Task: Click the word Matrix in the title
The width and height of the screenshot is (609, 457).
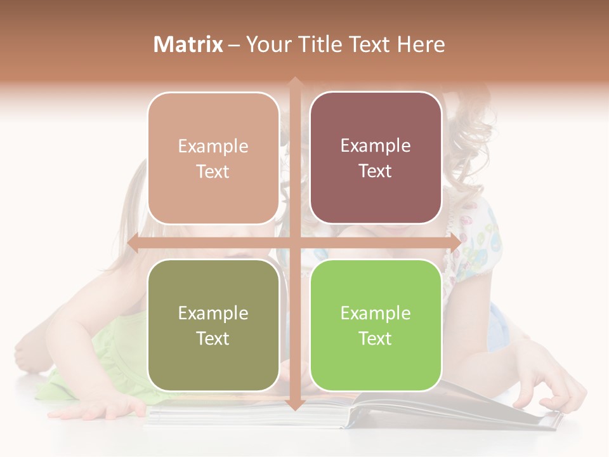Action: (188, 44)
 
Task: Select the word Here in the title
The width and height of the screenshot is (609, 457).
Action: (421, 44)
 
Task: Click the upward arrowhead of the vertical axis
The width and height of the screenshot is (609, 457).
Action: (294, 83)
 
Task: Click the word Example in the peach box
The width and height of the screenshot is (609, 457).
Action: (213, 147)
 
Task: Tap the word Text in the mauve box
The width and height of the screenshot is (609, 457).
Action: (376, 171)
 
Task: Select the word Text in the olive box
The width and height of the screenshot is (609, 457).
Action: (213, 338)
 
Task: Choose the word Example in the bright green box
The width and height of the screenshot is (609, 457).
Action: (376, 313)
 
